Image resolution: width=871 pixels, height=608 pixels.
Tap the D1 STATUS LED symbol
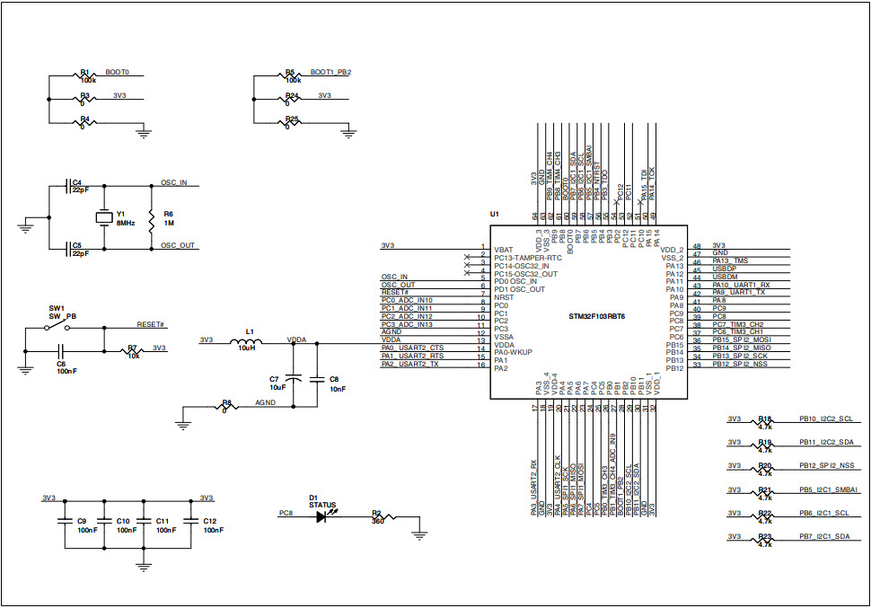pyautogui.click(x=322, y=518)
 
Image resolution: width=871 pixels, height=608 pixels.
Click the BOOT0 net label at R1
pyautogui.click(x=117, y=72)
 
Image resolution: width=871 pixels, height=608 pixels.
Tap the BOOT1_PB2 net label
pyautogui.click(x=330, y=72)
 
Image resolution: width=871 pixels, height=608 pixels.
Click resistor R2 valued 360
pyautogui.click(x=381, y=518)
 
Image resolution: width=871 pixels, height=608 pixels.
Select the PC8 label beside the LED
pyautogui.click(x=286, y=514)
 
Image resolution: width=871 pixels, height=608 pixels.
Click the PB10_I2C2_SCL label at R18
pyautogui.click(x=825, y=419)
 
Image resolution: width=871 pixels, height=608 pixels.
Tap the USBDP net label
pyautogui.click(x=724, y=269)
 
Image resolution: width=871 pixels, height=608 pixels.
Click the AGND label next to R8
pyautogui.click(x=265, y=403)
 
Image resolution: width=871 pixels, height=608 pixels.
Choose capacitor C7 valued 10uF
pyautogui.click(x=293, y=379)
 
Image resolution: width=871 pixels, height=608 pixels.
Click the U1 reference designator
pyautogui.click(x=494, y=215)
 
